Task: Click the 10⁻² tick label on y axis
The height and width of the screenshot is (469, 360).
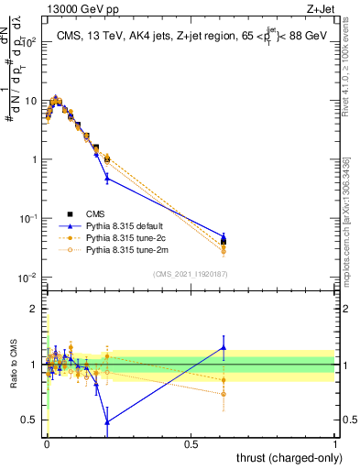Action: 27,278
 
